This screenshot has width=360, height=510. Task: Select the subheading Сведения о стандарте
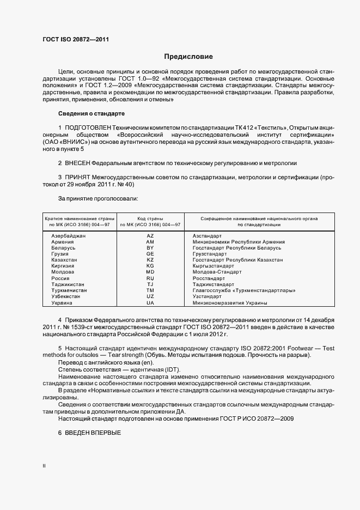click(x=91, y=113)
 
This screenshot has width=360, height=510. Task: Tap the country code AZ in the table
click(x=150, y=235)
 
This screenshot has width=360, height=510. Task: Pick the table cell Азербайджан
click(x=69, y=235)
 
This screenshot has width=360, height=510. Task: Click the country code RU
click(x=150, y=278)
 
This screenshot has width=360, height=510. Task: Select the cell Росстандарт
click(x=209, y=278)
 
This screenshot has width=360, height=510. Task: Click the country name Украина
click(x=62, y=302)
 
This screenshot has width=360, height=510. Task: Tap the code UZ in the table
click(x=150, y=296)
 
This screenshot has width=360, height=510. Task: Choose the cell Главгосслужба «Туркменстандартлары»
click(x=244, y=290)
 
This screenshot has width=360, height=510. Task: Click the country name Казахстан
click(x=64, y=260)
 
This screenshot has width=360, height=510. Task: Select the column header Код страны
click(x=150, y=218)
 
